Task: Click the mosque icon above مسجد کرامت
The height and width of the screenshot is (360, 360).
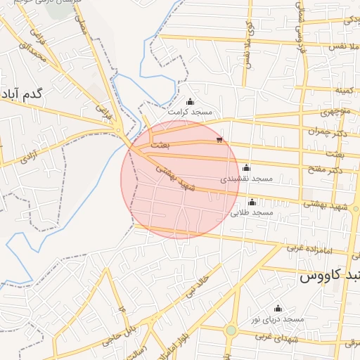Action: pos(189,102)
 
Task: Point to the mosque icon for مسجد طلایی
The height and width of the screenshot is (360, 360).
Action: pos(252,202)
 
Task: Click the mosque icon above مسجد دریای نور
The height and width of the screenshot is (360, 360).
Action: pos(278,309)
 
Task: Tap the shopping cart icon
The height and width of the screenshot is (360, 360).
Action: pos(220,141)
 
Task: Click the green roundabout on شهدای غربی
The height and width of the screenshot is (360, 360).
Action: pos(231,330)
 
